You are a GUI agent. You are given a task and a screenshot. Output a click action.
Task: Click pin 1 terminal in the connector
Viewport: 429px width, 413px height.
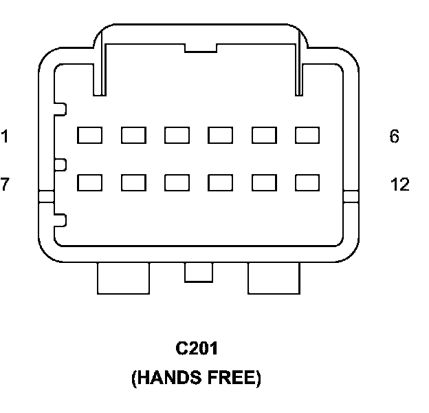89,135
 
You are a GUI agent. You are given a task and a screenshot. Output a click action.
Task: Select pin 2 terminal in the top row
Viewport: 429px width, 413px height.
133,135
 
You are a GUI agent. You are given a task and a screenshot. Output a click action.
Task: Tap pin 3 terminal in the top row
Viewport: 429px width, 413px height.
177,135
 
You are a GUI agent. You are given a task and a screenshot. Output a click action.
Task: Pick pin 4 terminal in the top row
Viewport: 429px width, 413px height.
221,135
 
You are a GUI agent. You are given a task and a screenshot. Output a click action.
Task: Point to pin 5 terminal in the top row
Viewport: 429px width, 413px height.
264,135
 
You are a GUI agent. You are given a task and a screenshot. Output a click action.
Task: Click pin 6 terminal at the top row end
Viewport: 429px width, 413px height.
307,135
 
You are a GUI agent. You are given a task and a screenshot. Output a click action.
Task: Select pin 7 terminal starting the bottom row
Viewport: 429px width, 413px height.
89,182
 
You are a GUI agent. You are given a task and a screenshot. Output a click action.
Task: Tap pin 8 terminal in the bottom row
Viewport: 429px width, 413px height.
133,182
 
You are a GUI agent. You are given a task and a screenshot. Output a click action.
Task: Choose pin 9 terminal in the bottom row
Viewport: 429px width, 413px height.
177,182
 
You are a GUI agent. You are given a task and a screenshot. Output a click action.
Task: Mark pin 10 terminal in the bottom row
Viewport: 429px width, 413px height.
221,182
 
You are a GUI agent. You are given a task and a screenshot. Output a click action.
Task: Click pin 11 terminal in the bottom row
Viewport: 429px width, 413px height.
264,182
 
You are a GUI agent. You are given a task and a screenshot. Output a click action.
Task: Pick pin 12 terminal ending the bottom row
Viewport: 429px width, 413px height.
307,182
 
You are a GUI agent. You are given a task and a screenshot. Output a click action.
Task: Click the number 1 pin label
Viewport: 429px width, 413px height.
5,136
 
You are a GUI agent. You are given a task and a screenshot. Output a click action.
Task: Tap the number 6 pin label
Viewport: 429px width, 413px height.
394,136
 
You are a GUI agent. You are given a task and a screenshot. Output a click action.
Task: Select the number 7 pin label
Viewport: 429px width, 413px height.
5,184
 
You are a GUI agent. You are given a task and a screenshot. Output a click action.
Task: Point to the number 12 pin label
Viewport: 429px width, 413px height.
399,184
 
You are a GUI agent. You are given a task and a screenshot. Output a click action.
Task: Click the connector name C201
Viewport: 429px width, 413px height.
197,349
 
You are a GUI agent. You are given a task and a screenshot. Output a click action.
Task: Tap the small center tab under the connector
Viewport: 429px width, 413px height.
198,273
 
